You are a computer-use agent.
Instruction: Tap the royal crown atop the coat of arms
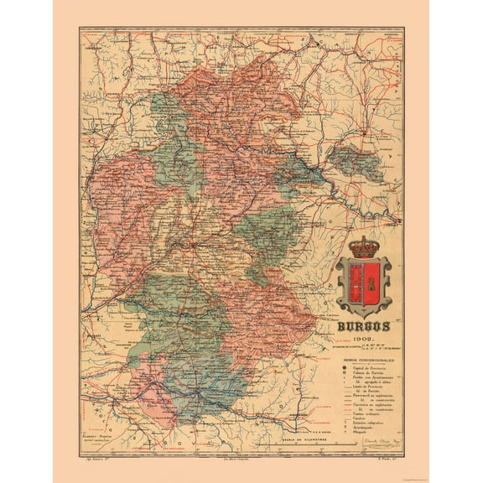364,249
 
